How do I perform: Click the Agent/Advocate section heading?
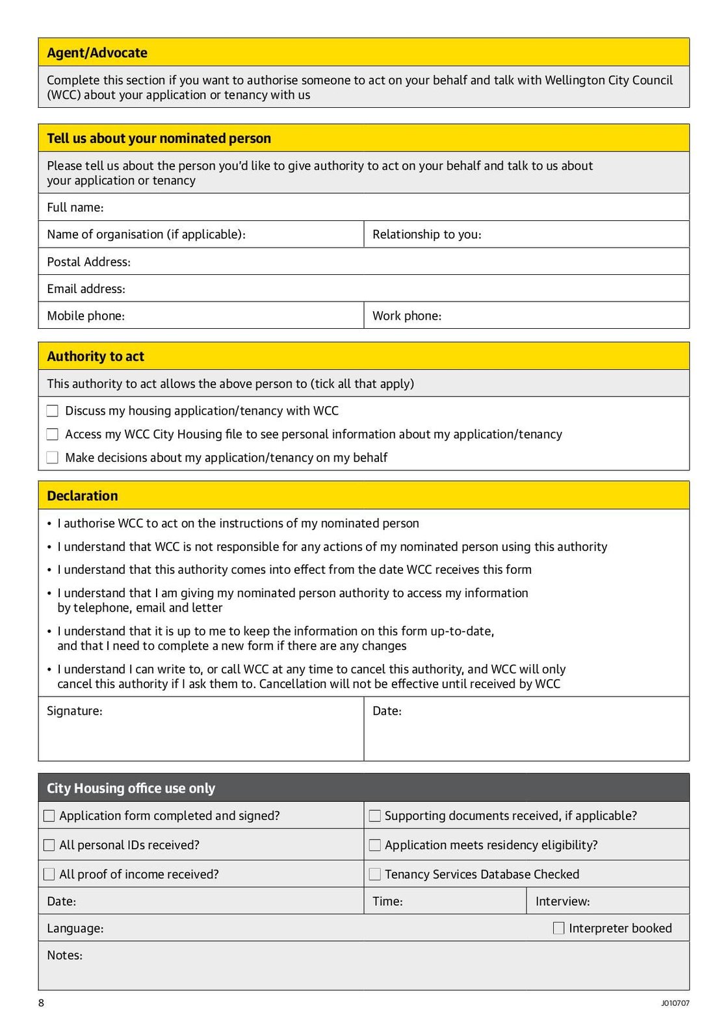[x=97, y=53]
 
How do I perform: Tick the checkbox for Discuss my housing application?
[x=53, y=411]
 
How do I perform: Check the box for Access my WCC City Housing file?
[x=53, y=434]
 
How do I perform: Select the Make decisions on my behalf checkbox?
[x=53, y=457]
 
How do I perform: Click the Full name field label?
[x=75, y=207]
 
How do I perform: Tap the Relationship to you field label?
[x=426, y=235]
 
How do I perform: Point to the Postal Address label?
[x=88, y=262]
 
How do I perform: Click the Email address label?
[x=86, y=289]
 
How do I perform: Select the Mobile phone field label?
[x=85, y=316]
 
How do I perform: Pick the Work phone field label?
[x=406, y=316]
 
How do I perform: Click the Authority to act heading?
[x=96, y=356]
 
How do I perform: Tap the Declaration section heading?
[x=83, y=496]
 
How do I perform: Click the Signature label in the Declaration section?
[x=74, y=711]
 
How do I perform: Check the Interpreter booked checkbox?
[x=558, y=928]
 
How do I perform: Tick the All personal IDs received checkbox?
[x=49, y=845]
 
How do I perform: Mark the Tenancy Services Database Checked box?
[x=374, y=874]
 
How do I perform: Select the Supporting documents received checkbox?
[x=374, y=816]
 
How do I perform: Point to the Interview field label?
[x=562, y=901]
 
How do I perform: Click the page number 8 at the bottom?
[x=41, y=1003]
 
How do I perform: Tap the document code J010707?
[x=675, y=1003]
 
